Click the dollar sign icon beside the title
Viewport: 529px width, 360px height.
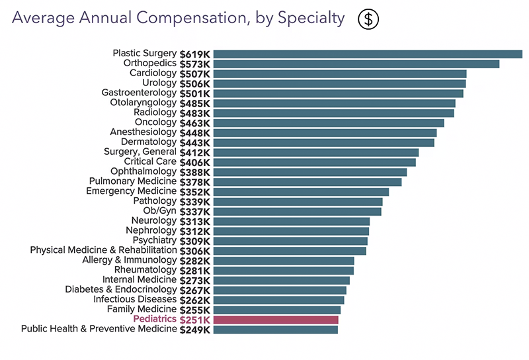click(369, 19)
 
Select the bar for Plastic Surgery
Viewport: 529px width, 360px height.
click(368, 54)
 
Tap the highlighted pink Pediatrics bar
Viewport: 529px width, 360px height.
click(276, 320)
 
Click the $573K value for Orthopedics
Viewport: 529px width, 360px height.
click(195, 64)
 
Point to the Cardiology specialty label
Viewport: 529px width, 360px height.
click(153, 73)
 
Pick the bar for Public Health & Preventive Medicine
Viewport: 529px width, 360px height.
click(275, 329)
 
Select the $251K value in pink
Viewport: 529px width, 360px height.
click(195, 320)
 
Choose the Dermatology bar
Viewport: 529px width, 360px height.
click(323, 142)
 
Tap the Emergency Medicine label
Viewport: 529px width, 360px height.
click(131, 191)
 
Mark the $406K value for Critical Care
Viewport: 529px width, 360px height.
click(195, 162)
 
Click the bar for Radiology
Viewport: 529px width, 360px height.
click(333, 112)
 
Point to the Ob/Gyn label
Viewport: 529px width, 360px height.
click(160, 211)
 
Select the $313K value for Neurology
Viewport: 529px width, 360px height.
click(195, 221)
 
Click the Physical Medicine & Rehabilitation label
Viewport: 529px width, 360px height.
click(103, 250)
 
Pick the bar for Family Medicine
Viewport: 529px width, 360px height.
click(276, 310)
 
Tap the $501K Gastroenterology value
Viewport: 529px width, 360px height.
click(195, 93)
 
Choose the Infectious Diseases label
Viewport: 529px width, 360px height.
click(135, 299)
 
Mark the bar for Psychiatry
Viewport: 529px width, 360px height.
click(290, 241)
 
